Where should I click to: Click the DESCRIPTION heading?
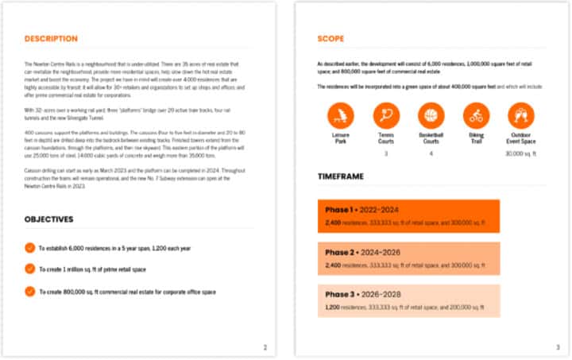click(x=51, y=38)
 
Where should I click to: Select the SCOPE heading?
click(x=330, y=38)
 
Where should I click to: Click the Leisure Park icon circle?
click(x=340, y=117)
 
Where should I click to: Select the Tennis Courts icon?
click(x=386, y=117)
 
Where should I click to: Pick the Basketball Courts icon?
click(x=431, y=117)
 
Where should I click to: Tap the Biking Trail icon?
click(x=477, y=117)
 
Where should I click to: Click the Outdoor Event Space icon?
click(x=522, y=117)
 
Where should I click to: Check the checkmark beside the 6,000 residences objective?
click(x=30, y=248)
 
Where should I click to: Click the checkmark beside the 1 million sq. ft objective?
click(x=30, y=269)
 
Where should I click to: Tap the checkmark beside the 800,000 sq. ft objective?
click(x=30, y=291)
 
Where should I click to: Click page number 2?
click(x=265, y=346)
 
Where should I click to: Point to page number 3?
click(x=558, y=346)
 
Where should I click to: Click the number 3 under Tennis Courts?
click(x=386, y=153)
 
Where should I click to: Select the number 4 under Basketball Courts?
click(x=431, y=153)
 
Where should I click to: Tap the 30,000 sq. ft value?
click(x=522, y=153)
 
